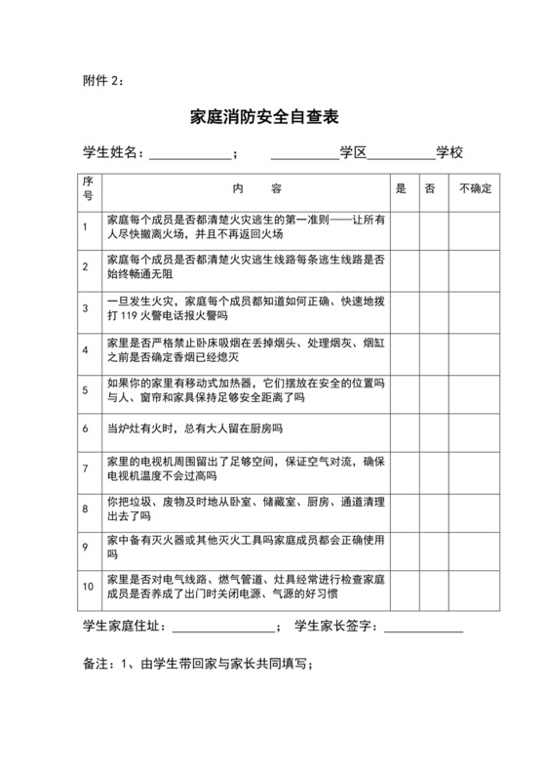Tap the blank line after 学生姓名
[190, 154]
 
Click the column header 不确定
[476, 187]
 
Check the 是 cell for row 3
[401, 308]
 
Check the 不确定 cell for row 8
[476, 509]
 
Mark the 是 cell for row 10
[401, 587]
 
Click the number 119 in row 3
[132, 316]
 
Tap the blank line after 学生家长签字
[423, 628]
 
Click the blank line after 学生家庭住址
[224, 628]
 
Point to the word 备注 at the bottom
[97, 664]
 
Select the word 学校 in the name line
[449, 153]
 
